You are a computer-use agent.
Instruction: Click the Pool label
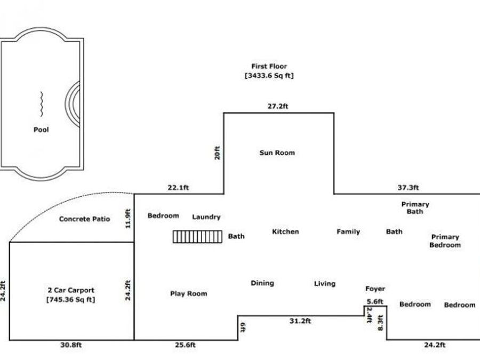pos(41,130)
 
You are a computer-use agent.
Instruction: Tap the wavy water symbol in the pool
pos(41,104)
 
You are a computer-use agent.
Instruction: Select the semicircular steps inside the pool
pos(73,104)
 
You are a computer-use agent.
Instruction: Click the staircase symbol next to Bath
pos(197,237)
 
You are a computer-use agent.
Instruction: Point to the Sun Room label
pos(277,153)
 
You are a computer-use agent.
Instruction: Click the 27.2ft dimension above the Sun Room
pos(278,106)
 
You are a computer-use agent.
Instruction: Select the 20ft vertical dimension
pos(217,153)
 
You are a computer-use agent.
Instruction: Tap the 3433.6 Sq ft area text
pos(269,76)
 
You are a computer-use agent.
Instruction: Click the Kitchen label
pos(285,231)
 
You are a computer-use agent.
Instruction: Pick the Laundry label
pos(206,217)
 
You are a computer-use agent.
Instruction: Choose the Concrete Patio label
pos(84,219)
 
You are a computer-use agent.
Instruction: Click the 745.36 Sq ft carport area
pos(71,299)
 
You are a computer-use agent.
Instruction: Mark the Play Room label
pos(189,293)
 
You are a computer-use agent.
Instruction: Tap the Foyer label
pos(375,289)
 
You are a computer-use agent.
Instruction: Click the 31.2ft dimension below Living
pos(300,321)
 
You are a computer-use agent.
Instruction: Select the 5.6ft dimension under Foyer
pos(375,301)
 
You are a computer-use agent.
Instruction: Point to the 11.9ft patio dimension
pos(128,219)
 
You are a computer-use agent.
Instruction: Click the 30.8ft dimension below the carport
pos(71,345)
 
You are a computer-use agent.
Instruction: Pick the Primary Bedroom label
pos(445,241)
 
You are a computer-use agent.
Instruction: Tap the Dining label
pos(262,283)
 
